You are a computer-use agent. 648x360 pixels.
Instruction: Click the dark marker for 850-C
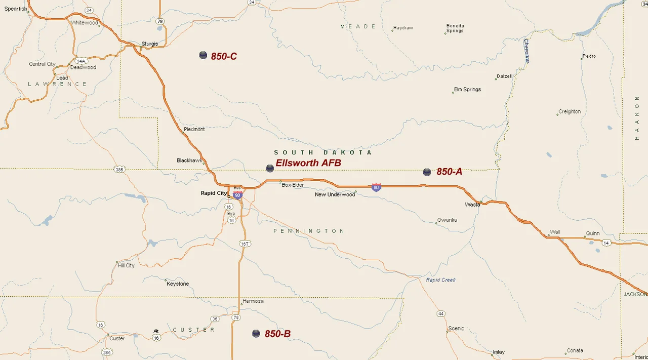[x=203, y=55]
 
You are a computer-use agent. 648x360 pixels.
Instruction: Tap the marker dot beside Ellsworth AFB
[x=270, y=168]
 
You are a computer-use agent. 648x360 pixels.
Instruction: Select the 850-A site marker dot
[x=427, y=172]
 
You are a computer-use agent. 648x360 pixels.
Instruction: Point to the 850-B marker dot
[x=256, y=333]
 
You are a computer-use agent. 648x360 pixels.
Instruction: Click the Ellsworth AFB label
[x=308, y=163]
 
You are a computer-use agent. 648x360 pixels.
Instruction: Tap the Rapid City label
[x=214, y=193]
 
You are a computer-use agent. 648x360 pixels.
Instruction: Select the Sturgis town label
[x=150, y=44]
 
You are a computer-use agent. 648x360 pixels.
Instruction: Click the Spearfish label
[x=16, y=9]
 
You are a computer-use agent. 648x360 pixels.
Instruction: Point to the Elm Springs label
[x=467, y=90]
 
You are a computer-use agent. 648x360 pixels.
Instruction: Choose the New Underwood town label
[x=335, y=194]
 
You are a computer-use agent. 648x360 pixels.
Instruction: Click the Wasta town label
[x=472, y=205]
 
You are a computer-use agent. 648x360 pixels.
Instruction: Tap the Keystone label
[x=178, y=284]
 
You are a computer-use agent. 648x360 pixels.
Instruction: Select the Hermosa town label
[x=253, y=301]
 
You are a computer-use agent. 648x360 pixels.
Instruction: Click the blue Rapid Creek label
[x=440, y=280]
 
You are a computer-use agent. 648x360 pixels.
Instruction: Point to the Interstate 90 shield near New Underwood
[x=376, y=187]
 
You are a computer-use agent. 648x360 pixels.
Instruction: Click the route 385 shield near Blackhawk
[x=119, y=169]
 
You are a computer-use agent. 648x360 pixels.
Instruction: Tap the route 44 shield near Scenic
[x=441, y=314]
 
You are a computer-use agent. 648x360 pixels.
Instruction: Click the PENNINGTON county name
[x=309, y=231]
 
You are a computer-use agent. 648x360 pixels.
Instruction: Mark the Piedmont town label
[x=194, y=129]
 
